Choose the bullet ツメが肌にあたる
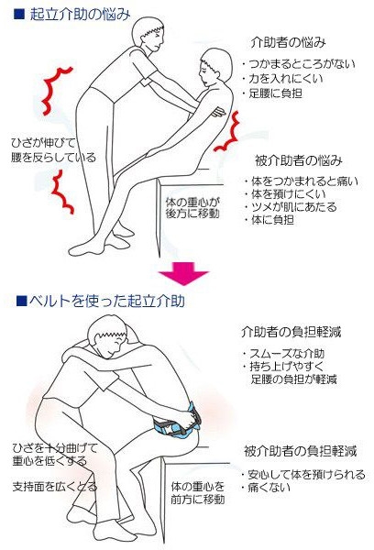(x=291, y=206)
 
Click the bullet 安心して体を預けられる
(x=304, y=474)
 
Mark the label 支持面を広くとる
(x=55, y=486)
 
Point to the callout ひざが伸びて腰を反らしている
(x=49, y=150)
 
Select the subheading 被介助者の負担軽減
(x=301, y=451)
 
